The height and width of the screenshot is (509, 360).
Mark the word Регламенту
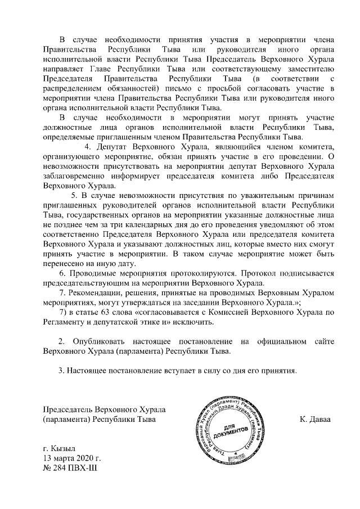coord(66,323)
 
